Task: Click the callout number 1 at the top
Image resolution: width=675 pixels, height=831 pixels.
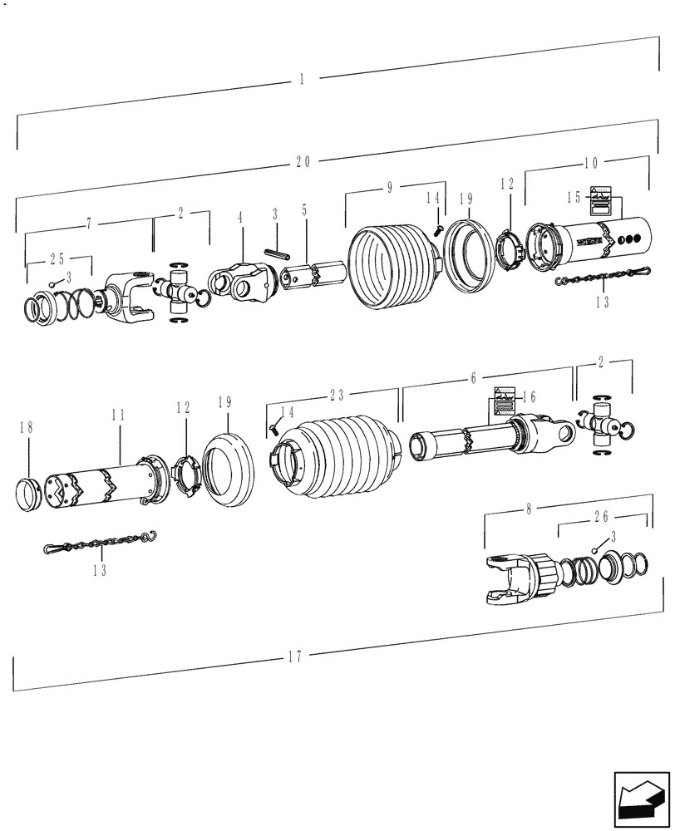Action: click(x=302, y=80)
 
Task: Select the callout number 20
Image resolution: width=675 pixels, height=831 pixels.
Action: click(x=302, y=163)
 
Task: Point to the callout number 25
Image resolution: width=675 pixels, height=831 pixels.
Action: click(x=57, y=258)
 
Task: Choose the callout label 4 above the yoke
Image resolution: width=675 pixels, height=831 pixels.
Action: click(x=240, y=219)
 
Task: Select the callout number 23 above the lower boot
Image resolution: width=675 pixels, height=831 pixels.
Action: click(x=336, y=396)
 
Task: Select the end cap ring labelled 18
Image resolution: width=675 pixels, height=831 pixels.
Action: click(x=32, y=496)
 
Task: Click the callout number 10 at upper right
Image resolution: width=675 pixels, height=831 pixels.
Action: click(x=590, y=162)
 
